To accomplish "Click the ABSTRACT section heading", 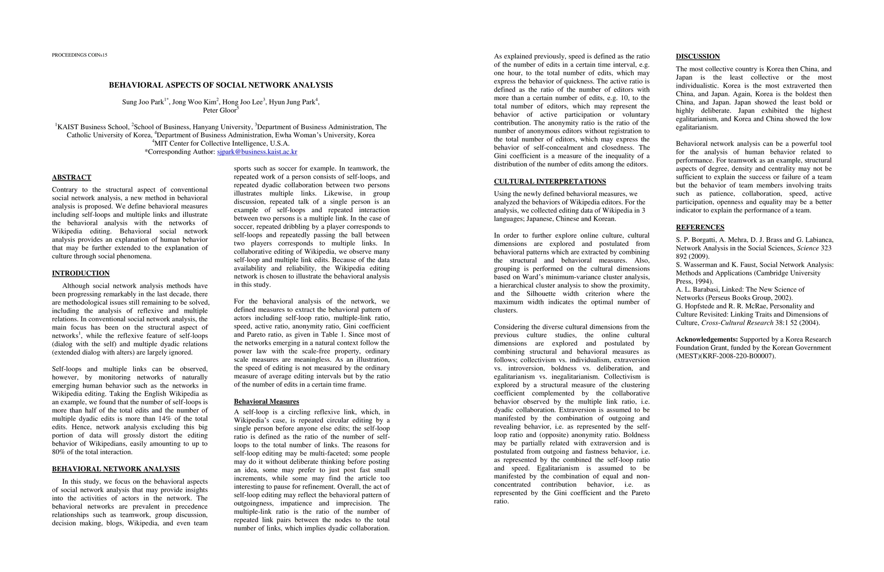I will pos(72,177).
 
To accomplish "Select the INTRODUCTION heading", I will pos(81,273).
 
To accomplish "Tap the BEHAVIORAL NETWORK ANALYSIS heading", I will pos(116,469).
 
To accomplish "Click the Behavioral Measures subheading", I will pos(266,401).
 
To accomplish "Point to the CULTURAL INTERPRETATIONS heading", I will pos(550,182).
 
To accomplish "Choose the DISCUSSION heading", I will pos(698,57).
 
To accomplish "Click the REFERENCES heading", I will pos(700,227).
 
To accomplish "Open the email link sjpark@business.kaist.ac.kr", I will pos(257,152).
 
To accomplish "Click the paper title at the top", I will pos(221,85).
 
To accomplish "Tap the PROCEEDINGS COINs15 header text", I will pos(80,55).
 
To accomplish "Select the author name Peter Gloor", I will pos(220,111).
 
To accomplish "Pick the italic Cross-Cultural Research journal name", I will pos(737,323).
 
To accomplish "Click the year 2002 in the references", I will pos(782,298).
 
